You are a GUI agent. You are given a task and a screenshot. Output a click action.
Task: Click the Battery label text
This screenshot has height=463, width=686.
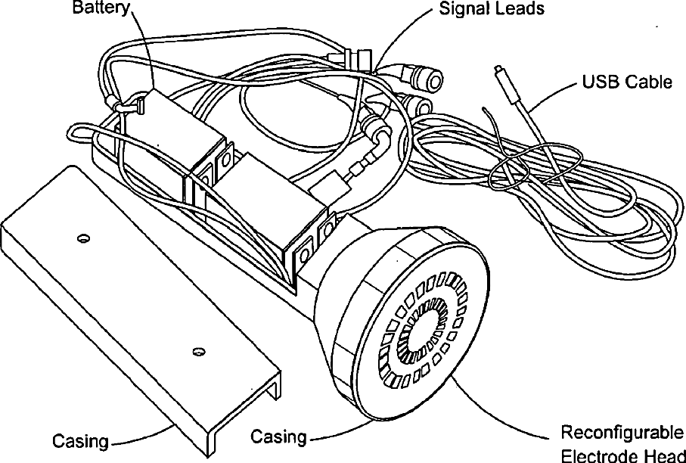[x=101, y=8]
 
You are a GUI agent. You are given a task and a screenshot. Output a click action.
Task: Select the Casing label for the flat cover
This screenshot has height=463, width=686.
[x=80, y=440]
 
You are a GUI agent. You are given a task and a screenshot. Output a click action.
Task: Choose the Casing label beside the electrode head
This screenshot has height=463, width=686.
[x=278, y=437]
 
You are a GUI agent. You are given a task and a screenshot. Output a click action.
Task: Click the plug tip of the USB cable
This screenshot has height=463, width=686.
[x=498, y=69]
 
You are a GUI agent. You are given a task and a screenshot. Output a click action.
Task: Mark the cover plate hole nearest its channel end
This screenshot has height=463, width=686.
[x=199, y=351]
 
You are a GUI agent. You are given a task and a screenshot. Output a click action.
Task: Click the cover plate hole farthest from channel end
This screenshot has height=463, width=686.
[x=83, y=238]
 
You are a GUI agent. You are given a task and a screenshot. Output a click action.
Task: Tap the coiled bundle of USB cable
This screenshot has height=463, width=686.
[x=551, y=184]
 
